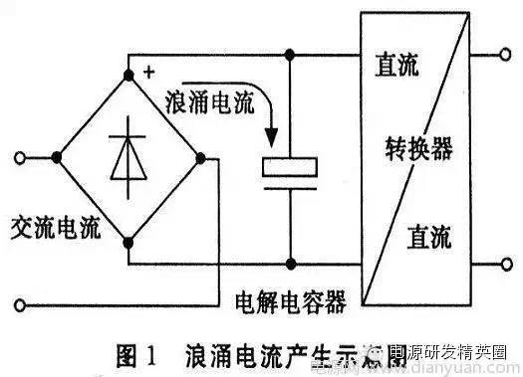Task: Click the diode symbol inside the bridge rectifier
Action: click(x=127, y=155)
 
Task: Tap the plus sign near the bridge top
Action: click(x=148, y=72)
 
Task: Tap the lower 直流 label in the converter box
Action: click(x=428, y=236)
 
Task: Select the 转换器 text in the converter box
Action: click(x=418, y=149)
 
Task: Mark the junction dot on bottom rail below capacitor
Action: click(x=290, y=265)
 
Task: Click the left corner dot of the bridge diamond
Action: click(x=57, y=156)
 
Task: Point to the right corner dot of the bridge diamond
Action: click(x=199, y=156)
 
